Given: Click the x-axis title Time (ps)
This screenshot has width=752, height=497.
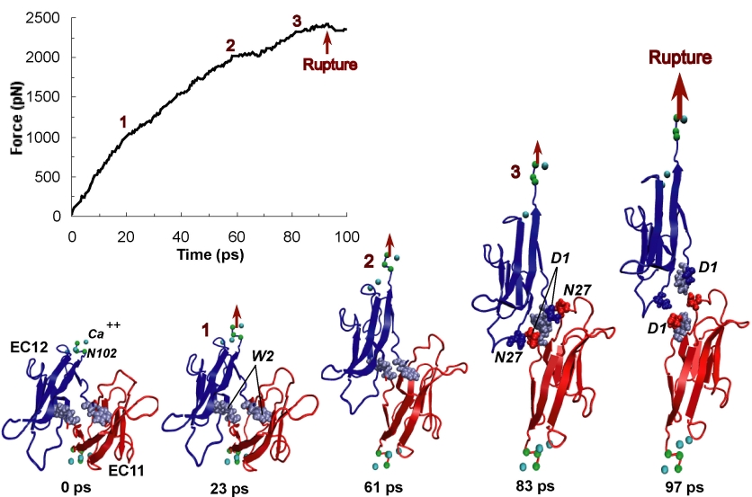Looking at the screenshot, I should click(209, 254).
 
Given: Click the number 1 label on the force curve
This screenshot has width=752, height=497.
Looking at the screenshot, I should click(123, 121).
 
